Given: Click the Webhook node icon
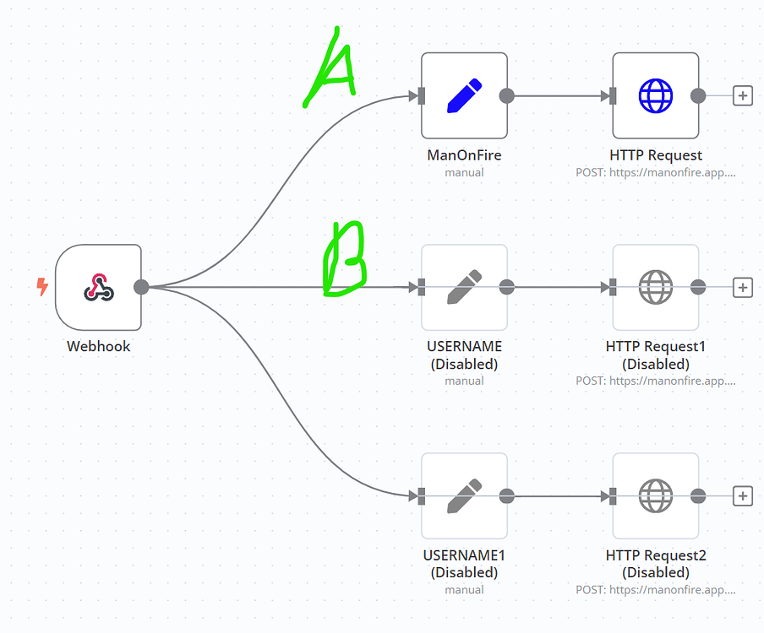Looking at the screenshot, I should (98, 287).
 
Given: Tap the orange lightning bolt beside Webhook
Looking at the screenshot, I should (42, 287).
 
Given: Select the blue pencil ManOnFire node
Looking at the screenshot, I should (464, 95).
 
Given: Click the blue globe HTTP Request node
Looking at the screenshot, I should (655, 95).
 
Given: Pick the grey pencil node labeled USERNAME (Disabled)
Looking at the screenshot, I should (464, 287).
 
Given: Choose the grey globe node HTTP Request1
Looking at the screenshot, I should (655, 287).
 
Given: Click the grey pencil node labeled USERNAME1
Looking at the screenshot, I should (464, 495).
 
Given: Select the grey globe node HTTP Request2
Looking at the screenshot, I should (655, 495).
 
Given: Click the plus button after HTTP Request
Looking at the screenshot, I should (742, 95).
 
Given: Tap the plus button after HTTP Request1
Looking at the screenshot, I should (742, 287).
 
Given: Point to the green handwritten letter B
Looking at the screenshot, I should (345, 260).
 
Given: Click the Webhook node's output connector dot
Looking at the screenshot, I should (141, 287).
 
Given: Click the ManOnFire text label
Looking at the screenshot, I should (464, 155).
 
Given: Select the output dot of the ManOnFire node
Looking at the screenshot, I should (507, 95).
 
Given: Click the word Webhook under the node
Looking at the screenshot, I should (98, 346).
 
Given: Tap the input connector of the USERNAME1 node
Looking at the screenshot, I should (421, 495).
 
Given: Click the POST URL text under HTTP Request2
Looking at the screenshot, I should (655, 590).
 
